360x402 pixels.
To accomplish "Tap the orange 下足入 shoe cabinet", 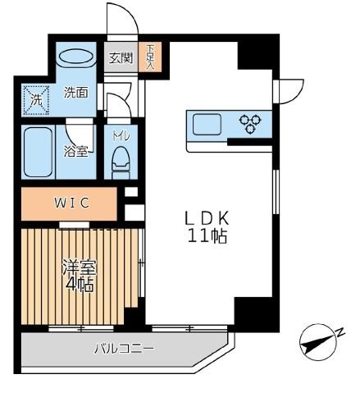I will tap(150, 57).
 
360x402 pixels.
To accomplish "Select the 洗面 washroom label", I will tap(76, 93).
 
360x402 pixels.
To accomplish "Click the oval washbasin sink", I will tap(77, 59).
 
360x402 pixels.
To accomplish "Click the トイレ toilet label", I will tap(121, 130).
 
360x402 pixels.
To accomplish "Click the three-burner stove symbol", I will tap(249, 125).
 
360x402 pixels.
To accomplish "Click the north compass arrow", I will tap(315, 341).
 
